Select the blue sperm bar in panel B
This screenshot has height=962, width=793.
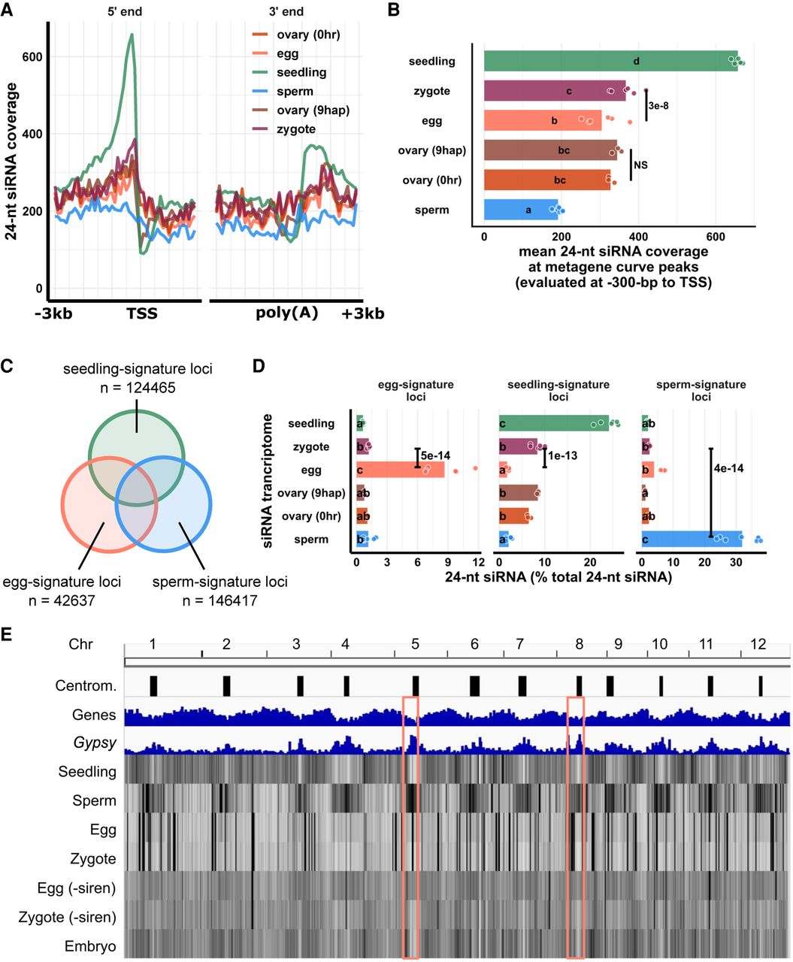pos(521,210)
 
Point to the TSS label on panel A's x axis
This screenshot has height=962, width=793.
pos(142,313)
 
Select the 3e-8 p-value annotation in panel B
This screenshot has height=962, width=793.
pos(658,106)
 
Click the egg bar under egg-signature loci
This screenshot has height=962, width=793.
pos(399,470)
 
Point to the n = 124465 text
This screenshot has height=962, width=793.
pos(138,388)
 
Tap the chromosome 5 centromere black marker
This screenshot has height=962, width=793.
pos(416,685)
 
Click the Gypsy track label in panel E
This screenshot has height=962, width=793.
pos(95,743)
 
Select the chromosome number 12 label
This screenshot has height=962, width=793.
pos(758,644)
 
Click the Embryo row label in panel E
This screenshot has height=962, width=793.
pos(95,945)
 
